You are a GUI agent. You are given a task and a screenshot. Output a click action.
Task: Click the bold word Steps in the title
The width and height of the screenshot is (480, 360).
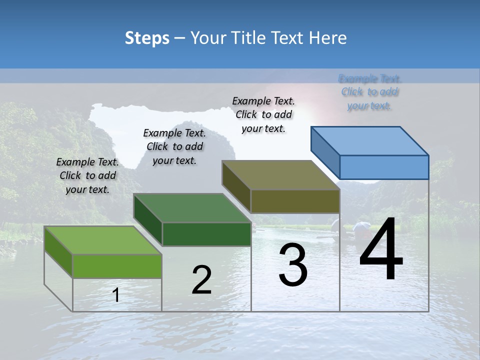(147, 38)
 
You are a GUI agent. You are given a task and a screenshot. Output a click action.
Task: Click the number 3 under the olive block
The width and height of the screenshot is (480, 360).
(293, 264)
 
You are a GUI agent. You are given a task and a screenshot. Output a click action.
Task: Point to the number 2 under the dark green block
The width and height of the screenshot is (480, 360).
(201, 279)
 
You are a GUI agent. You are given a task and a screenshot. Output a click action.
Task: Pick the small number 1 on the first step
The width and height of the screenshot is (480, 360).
(116, 295)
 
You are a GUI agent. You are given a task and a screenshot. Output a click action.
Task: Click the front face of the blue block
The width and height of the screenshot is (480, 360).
(384, 167)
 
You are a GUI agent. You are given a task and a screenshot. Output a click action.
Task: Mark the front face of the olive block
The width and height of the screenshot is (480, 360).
(295, 201)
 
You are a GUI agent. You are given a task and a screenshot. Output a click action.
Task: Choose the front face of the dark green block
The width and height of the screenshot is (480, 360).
(206, 234)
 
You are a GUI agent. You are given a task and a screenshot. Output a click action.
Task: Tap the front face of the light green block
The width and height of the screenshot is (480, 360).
(117, 266)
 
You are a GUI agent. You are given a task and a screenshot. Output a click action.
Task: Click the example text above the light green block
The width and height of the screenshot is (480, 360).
(87, 175)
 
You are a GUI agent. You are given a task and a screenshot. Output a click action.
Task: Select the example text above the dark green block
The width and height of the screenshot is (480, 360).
(174, 146)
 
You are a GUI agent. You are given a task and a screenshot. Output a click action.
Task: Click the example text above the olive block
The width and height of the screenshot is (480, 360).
(263, 114)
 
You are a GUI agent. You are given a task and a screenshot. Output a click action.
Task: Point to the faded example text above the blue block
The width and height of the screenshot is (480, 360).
(369, 92)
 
